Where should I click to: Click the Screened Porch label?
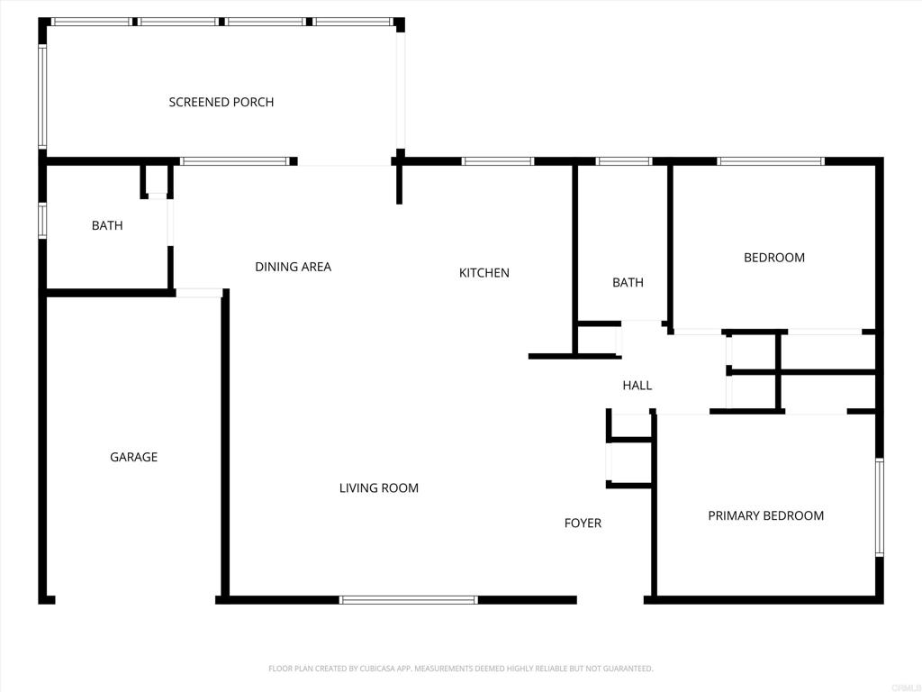(x=221, y=103)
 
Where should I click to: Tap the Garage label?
(x=133, y=457)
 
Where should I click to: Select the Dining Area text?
(x=293, y=267)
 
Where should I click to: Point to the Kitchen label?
(x=484, y=273)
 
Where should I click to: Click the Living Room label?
(x=379, y=487)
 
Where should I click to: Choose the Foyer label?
(x=583, y=524)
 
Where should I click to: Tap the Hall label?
(x=637, y=386)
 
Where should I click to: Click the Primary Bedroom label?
(x=765, y=516)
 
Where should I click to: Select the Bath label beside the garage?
(x=107, y=225)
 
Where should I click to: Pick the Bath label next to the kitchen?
(x=628, y=282)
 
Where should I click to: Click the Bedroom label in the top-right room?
(x=773, y=258)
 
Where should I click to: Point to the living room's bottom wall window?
(x=409, y=600)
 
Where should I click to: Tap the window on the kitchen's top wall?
(x=497, y=161)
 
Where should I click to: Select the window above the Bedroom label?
(x=771, y=161)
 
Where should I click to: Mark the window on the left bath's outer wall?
(x=42, y=221)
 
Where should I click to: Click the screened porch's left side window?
(x=42, y=96)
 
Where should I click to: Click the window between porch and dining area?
(x=235, y=161)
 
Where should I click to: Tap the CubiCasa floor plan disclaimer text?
(x=460, y=669)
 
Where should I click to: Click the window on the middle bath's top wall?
(x=623, y=161)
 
